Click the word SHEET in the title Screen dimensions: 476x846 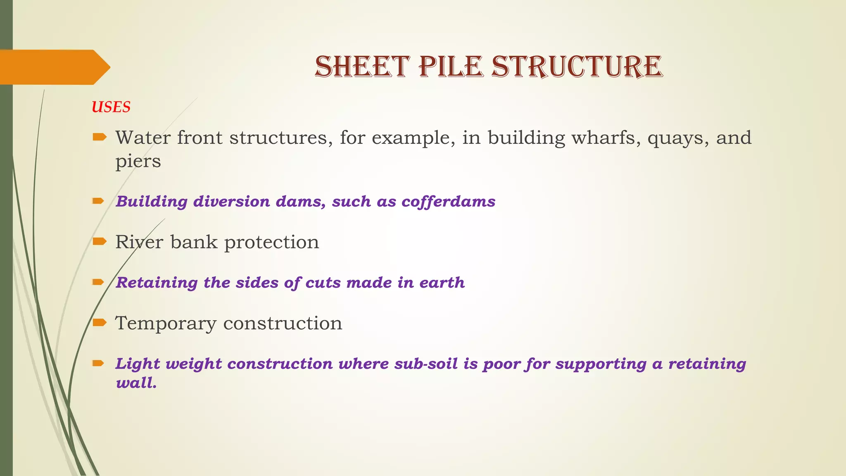pyautogui.click(x=362, y=67)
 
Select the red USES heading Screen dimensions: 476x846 pyautogui.click(x=111, y=107)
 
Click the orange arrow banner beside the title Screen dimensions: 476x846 pyautogui.click(x=54, y=67)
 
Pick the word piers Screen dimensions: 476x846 pyautogui.click(x=138, y=161)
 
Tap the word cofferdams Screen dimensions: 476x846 pyautogui.click(x=448, y=202)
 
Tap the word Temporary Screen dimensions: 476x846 pyautogui.click(x=165, y=324)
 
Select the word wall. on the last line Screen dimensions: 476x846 pyautogui.click(x=136, y=383)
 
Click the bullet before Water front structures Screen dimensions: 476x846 pyautogui.click(x=99, y=137)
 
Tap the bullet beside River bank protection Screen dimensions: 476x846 pyautogui.click(x=99, y=241)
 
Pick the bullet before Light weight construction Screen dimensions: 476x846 pyautogui.click(x=98, y=363)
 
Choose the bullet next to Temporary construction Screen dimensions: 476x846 pyautogui.click(x=99, y=322)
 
